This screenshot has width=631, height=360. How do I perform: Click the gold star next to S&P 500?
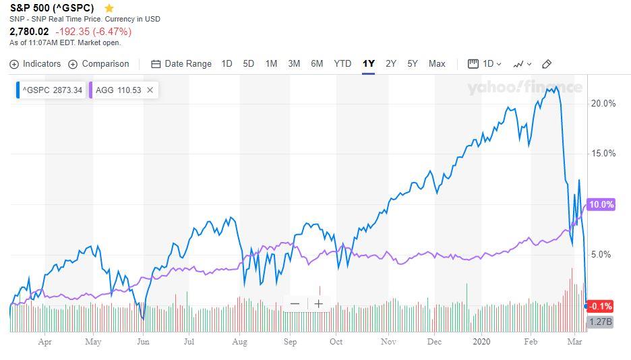[109, 8]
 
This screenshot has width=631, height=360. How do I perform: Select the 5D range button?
[248, 64]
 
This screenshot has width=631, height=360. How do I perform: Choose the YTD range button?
[342, 64]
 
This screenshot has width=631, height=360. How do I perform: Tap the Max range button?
[437, 64]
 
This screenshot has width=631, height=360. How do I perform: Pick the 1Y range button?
[368, 64]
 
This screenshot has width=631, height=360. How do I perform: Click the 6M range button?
[317, 64]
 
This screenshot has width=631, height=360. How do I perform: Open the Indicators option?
[36, 64]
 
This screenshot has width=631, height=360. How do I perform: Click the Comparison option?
[98, 64]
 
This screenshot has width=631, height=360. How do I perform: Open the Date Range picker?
[181, 64]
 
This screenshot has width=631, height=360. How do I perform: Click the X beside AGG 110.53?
[150, 90]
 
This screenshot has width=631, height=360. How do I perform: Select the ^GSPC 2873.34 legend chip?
[51, 90]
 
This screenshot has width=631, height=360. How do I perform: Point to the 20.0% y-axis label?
[603, 103]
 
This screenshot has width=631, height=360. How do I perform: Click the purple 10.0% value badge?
[601, 204]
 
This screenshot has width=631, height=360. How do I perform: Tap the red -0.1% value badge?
[600, 306]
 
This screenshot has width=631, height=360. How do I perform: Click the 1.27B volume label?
[600, 322]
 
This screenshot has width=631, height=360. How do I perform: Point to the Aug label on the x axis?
[240, 342]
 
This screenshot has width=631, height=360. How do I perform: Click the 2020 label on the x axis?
[482, 342]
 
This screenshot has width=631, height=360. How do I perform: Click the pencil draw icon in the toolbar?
[547, 64]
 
